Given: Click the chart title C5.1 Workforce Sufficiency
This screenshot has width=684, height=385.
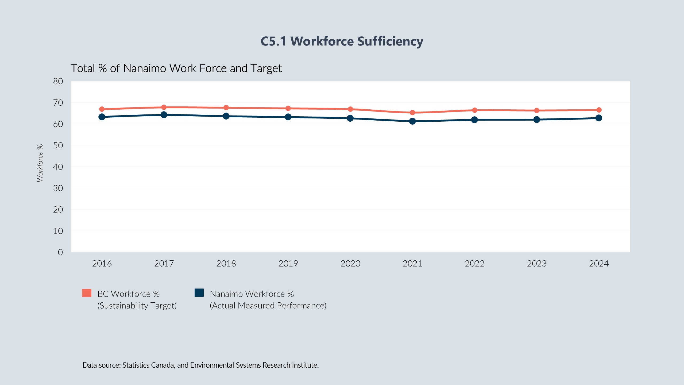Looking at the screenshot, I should pos(342,41).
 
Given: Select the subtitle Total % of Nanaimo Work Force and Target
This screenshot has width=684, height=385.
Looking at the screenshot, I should pos(176,68).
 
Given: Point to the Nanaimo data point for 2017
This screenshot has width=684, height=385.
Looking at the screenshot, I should pos(164,115).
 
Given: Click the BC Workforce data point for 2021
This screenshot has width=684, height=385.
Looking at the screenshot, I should pos(412,113).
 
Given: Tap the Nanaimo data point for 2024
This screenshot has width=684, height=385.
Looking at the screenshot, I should pos(599,118).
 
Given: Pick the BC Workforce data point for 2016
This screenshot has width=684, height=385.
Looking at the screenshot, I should pos(102,109).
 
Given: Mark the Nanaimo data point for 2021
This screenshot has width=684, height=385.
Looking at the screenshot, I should pos(412,121).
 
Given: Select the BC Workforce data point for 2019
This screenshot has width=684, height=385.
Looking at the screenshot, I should pos(288,108).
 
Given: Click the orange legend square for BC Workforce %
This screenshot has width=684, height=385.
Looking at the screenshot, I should pos(87,293).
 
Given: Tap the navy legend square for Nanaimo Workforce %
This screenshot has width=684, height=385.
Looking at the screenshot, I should pos(199,293).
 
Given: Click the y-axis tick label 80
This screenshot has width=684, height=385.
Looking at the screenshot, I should pos(58,81).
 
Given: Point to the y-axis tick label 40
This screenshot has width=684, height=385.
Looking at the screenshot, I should pos(58,167).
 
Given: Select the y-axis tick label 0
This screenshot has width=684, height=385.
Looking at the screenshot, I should pos(60,252).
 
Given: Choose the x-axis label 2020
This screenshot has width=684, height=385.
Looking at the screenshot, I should pos(350,264).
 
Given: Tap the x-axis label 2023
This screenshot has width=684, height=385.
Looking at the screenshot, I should pos(536,264).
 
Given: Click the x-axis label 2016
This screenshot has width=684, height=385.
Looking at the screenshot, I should pos(102,264).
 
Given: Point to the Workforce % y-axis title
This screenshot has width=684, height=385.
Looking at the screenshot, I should pos(40,163).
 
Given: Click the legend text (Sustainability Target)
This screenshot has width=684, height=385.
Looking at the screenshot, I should pos(137,306).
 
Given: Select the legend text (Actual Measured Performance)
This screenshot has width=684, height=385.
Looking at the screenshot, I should pos(268,306).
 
